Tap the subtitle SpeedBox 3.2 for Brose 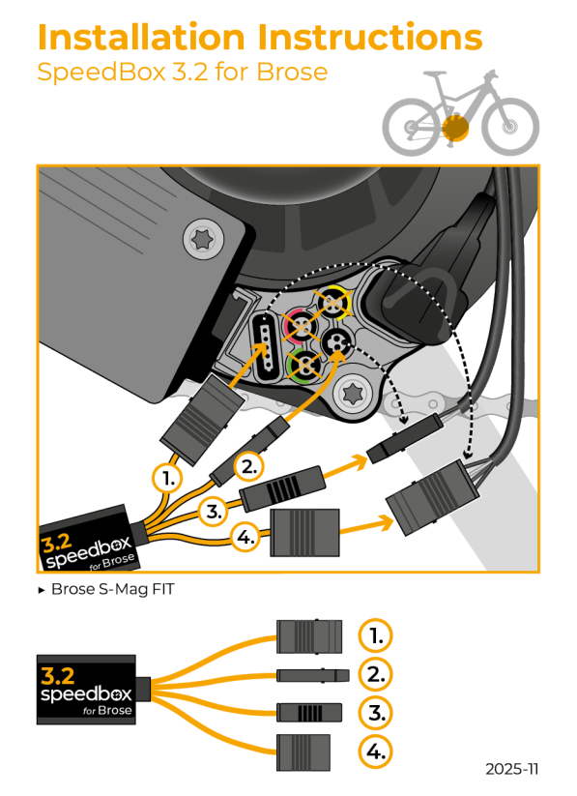point(181,73)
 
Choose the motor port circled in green point(303,365)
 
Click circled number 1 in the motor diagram point(169,478)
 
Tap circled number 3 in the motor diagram point(214,509)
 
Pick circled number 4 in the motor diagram point(247,537)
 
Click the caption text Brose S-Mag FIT point(112,589)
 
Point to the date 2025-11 point(512,769)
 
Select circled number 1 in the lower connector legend point(376,636)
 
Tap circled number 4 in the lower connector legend point(376,751)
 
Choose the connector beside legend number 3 point(308,713)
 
